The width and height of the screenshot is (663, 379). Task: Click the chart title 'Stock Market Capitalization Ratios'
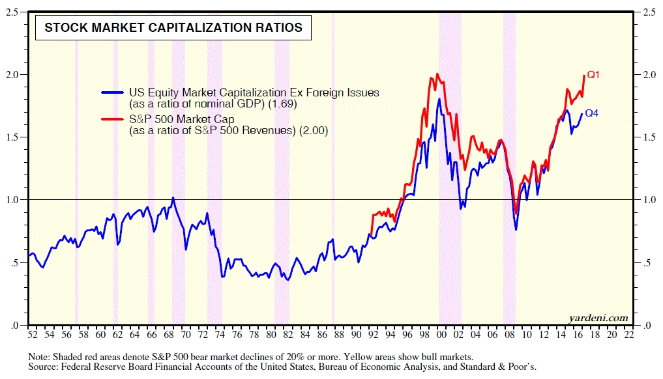coord(173,27)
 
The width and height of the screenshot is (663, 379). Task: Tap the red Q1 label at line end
coord(593,75)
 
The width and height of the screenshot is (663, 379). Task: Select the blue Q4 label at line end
coord(591,113)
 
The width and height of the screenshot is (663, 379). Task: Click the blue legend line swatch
coord(113,93)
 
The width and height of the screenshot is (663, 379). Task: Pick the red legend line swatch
coord(113,119)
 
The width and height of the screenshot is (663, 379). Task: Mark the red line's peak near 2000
coord(437,74)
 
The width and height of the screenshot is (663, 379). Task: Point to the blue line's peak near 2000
coord(439,99)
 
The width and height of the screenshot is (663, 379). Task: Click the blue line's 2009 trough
coord(516,229)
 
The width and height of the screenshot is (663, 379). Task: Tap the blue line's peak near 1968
coord(173,197)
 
